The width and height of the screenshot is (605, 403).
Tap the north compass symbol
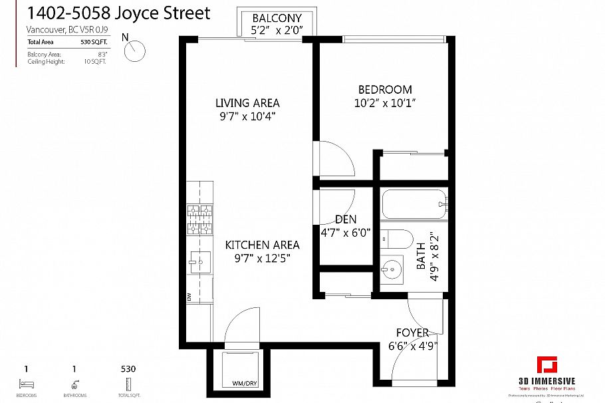137,49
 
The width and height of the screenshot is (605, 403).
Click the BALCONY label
277,18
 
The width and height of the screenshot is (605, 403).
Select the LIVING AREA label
247,103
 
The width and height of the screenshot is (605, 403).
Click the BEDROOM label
385,90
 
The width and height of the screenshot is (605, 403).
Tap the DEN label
346,219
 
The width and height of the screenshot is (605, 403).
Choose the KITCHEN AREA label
262,245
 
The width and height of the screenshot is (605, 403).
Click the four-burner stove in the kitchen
200,220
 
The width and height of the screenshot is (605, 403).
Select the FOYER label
412,333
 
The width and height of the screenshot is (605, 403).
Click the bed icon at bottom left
26,384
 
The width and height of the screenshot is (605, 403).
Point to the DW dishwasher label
189,297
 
